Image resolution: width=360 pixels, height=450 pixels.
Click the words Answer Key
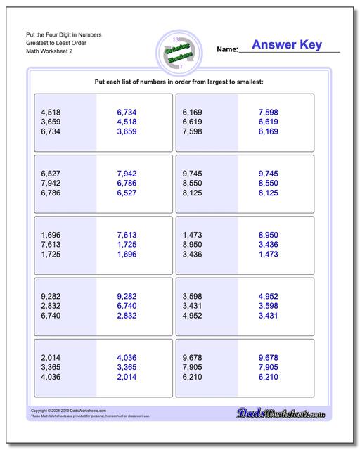coord(286,45)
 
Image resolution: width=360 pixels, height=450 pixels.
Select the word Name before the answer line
coord(226,50)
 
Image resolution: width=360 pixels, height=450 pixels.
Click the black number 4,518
coord(51,112)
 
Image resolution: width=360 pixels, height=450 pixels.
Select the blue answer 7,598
coord(269,112)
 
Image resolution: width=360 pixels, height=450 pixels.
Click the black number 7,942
coord(51,183)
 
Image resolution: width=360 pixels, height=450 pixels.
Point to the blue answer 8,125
coord(269,193)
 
